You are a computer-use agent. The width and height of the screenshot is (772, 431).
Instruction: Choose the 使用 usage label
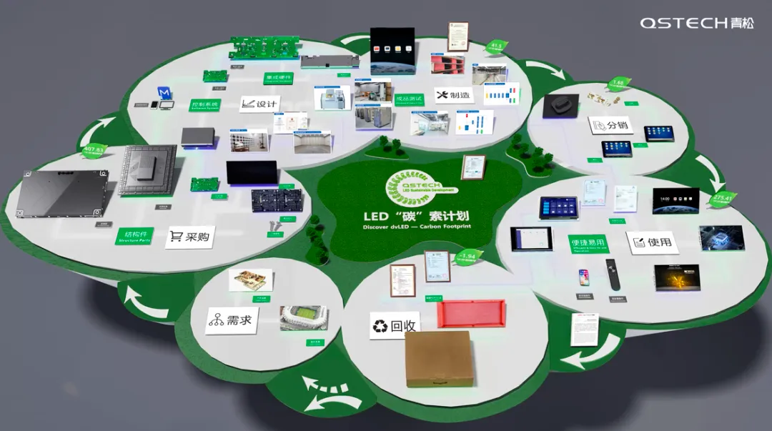(651, 242)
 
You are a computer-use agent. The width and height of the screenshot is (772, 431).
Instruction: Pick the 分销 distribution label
(610, 125)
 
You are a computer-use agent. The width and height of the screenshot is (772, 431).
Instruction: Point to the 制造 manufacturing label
(453, 95)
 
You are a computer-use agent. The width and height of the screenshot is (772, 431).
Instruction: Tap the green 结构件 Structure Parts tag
(134, 236)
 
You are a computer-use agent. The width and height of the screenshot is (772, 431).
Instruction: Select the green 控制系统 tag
(204, 104)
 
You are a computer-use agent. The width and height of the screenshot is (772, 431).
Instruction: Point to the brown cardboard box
(439, 357)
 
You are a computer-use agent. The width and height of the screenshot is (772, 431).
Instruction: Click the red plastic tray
(471, 314)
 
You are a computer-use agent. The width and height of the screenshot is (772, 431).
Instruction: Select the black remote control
(611, 274)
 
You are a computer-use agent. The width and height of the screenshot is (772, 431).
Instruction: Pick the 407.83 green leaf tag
(95, 150)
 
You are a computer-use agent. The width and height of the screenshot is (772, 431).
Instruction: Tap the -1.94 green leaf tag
(469, 255)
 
